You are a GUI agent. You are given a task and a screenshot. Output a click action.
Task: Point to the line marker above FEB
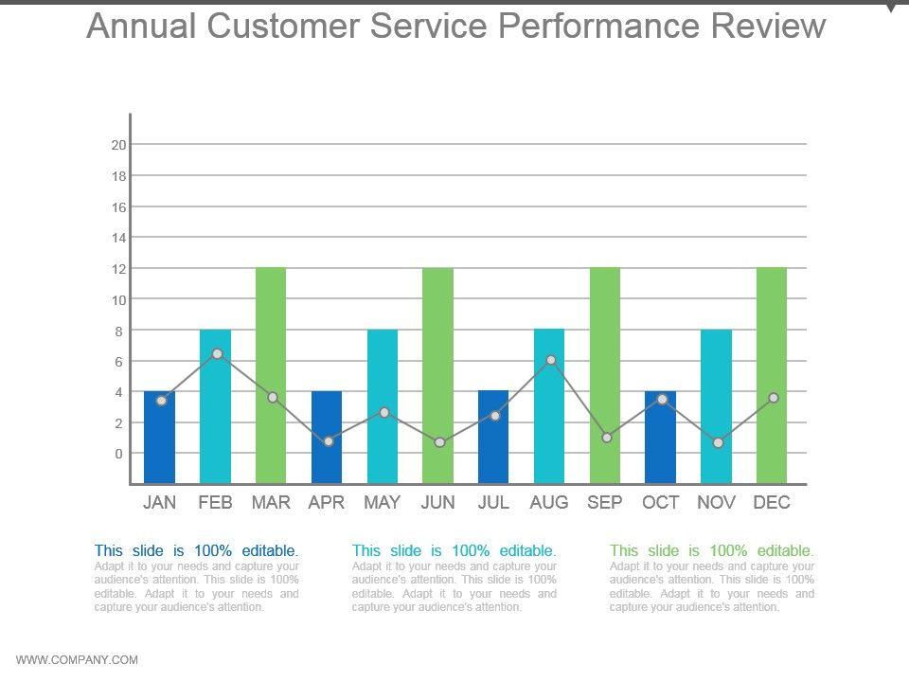(x=217, y=353)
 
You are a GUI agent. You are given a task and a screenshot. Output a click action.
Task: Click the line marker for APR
(x=328, y=441)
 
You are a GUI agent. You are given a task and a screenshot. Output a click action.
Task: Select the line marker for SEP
(x=606, y=438)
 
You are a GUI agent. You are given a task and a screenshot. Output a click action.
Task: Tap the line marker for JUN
(x=439, y=442)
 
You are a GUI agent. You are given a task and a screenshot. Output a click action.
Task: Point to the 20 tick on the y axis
(x=118, y=145)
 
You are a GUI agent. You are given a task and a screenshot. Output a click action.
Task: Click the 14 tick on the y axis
(x=118, y=238)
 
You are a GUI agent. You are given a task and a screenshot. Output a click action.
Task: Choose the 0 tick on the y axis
(x=118, y=454)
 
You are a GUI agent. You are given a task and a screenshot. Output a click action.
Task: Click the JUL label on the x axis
(x=493, y=503)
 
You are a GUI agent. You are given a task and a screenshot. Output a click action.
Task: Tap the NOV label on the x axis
(x=716, y=503)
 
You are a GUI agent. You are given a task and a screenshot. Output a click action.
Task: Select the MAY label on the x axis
(x=383, y=503)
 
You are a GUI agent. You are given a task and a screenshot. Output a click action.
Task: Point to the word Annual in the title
(x=141, y=26)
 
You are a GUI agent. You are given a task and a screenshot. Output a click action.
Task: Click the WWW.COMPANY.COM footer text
(x=78, y=660)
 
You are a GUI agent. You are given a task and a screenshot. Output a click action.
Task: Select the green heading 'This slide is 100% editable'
(x=711, y=550)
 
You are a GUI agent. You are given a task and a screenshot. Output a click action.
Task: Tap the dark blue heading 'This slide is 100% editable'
(x=197, y=550)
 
